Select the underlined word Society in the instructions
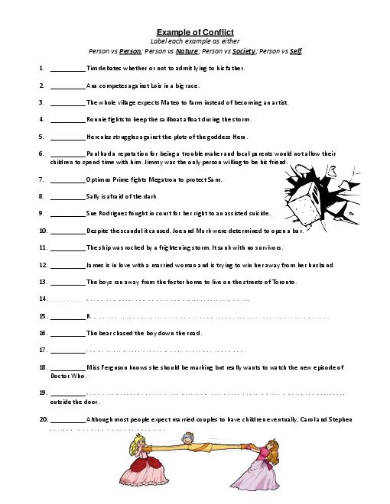(243, 51)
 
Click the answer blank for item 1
(67, 68)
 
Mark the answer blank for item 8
(67, 196)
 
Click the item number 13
(43, 282)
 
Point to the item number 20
(43, 418)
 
